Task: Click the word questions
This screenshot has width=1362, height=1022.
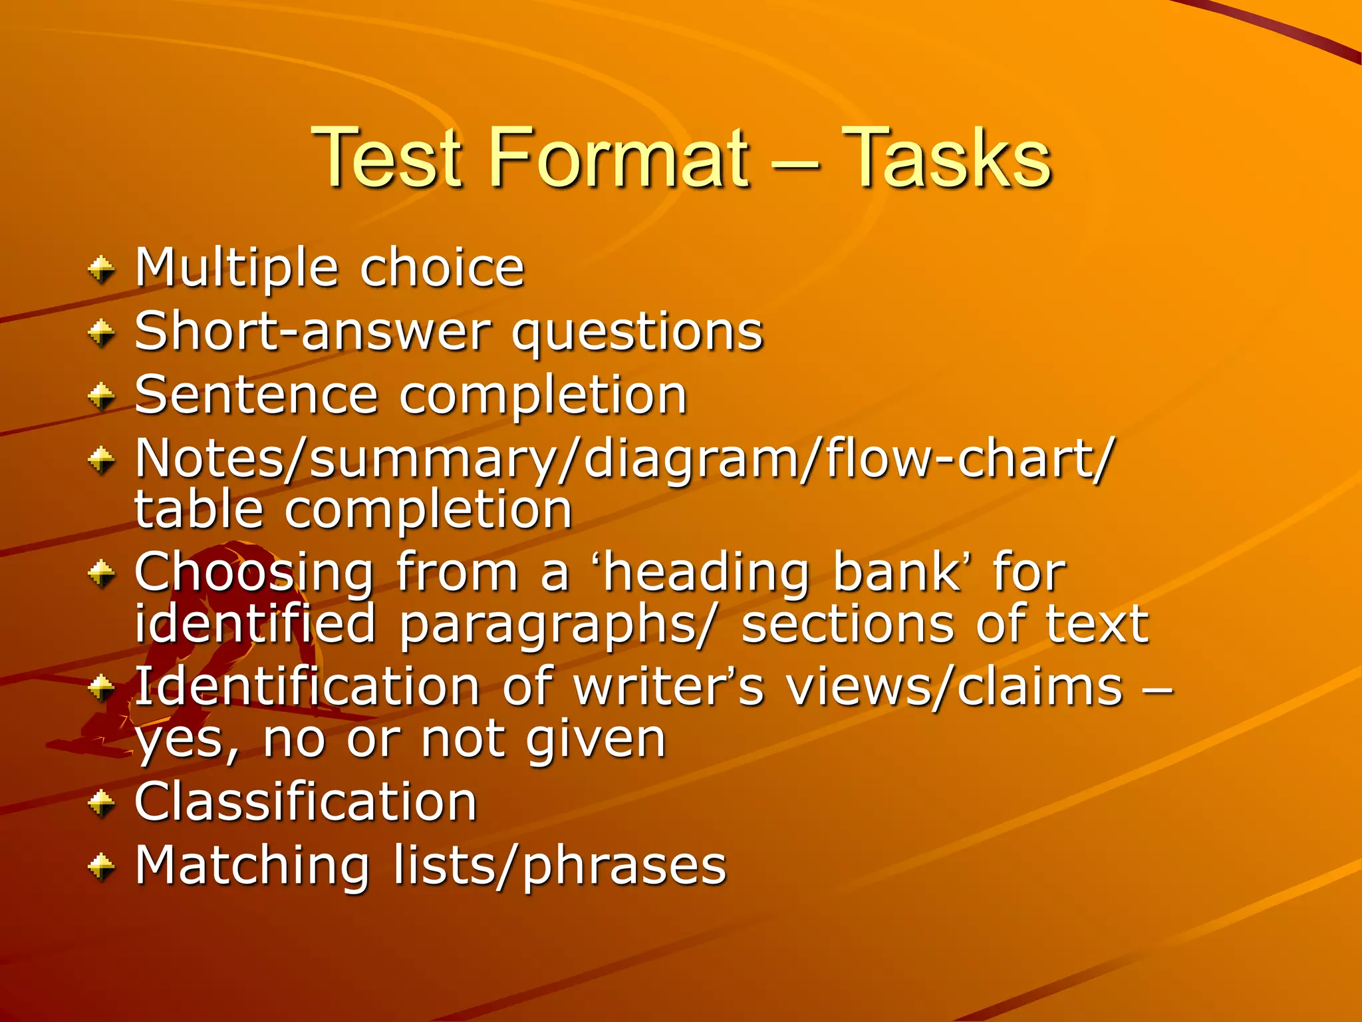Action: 637,333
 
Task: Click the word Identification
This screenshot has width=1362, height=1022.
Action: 307,686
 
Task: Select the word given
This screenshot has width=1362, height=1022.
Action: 595,740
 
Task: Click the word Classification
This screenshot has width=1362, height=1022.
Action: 306,801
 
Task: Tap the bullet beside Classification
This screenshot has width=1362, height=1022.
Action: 102,803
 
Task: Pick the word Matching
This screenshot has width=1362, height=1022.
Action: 252,866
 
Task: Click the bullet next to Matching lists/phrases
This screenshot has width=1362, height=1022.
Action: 102,867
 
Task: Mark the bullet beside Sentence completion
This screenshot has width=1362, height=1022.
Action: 102,397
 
